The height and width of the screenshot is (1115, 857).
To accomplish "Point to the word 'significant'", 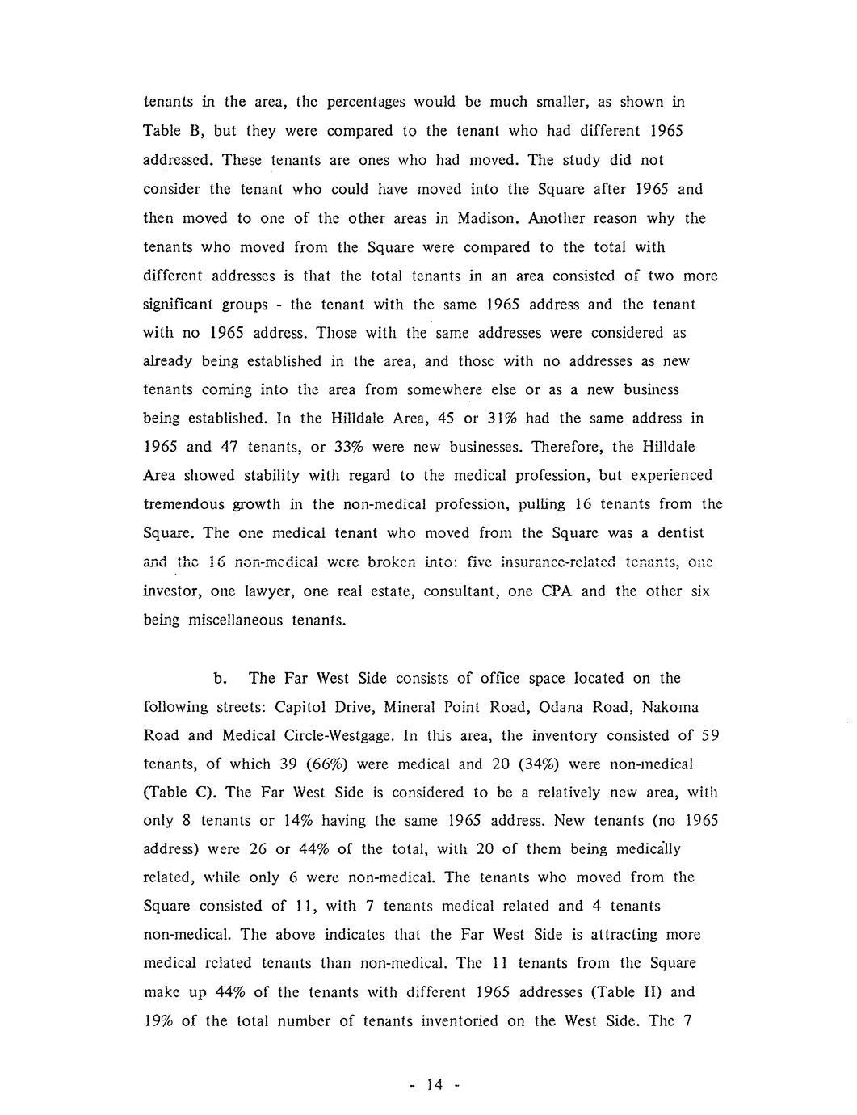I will point(183,305).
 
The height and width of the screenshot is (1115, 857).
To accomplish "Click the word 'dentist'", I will point(677,533).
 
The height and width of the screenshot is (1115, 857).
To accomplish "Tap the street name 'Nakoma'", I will point(670,707).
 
